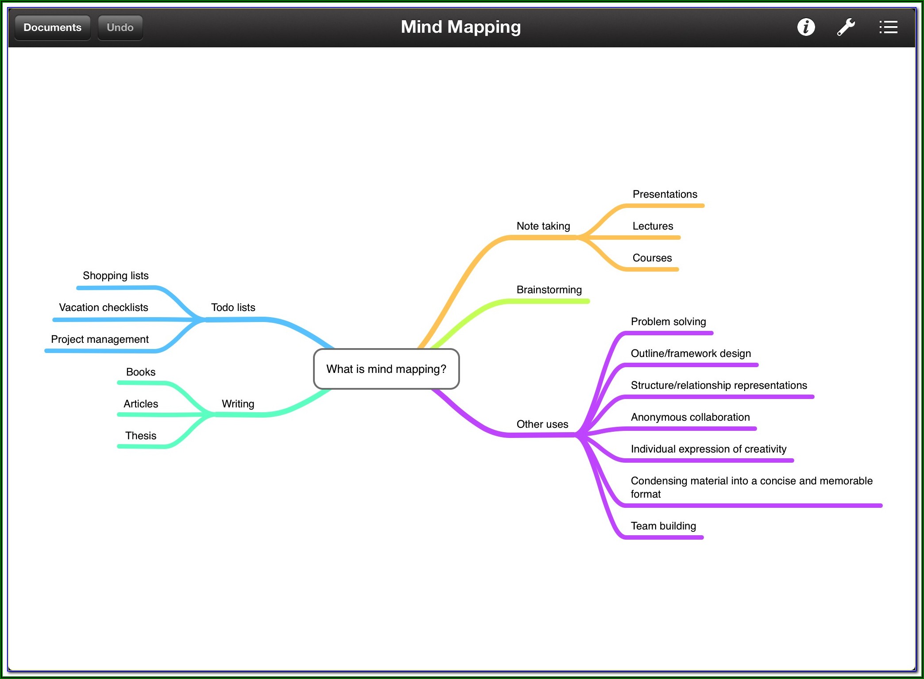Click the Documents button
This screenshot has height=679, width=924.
coord(52,27)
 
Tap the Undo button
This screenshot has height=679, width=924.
coord(120,27)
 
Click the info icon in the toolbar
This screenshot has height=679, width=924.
coord(806,27)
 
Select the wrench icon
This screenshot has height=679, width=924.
coord(846,27)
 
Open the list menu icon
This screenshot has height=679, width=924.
coord(888,27)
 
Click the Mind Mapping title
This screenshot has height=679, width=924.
coord(460,27)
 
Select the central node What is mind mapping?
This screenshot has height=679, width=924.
coord(386,369)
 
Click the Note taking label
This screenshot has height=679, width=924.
coord(543,226)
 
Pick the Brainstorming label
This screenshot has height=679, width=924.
coord(549,290)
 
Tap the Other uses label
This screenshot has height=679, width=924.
coord(542,424)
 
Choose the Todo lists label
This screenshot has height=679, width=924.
coord(233,307)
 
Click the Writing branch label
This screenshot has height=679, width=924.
coord(238,404)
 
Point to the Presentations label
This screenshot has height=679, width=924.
coord(665,194)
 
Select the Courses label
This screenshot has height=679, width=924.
coord(652,258)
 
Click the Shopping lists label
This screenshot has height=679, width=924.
coord(116,276)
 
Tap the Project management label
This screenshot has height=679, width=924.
coord(100,339)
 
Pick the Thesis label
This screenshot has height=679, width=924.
coord(141,436)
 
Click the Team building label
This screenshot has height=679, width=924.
coord(663,526)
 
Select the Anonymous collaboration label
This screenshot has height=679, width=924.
coord(690,417)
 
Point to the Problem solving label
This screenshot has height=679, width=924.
coord(668,322)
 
